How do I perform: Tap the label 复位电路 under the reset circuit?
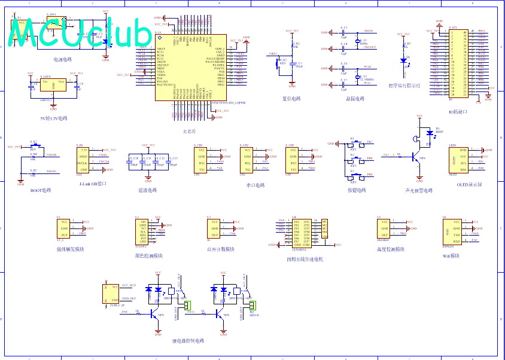[x=291, y=99]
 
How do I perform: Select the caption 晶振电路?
[x=355, y=99]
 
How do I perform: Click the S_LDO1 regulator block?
[x=53, y=86]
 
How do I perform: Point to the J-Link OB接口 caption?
[x=92, y=184]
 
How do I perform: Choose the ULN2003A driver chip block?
[x=302, y=233]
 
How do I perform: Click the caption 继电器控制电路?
[x=188, y=340]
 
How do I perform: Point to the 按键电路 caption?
[x=357, y=190]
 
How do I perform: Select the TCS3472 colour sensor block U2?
[x=142, y=231]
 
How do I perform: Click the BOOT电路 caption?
[x=41, y=190]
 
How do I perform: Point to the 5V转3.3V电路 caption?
[x=53, y=118]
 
